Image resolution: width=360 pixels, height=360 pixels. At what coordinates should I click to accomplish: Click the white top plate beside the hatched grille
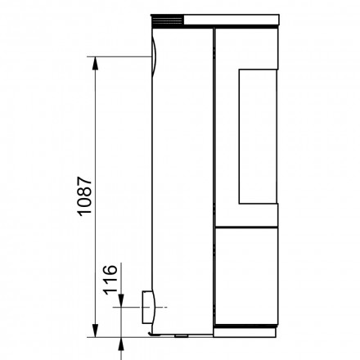coord(237,18)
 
